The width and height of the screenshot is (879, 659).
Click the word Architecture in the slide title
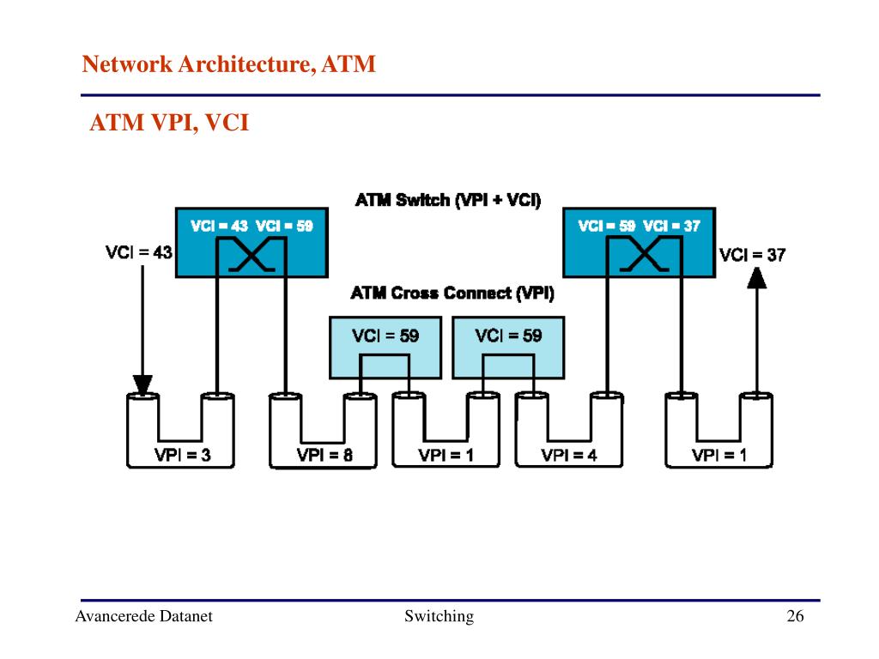[244, 64]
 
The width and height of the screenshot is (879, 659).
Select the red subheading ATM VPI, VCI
[169, 123]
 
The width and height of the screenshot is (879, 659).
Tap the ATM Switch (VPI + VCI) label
[448, 200]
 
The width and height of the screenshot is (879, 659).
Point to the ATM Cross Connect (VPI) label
[452, 293]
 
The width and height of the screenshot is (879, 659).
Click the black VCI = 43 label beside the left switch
[138, 252]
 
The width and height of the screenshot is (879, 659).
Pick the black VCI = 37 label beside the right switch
[752, 255]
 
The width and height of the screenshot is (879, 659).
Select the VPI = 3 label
[183, 455]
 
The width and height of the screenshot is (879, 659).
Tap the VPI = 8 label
[324, 455]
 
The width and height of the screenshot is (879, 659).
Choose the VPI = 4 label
[569, 455]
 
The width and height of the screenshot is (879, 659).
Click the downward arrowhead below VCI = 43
[142, 385]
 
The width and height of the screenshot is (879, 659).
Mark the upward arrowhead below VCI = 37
[757, 278]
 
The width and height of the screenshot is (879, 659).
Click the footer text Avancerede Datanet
[144, 616]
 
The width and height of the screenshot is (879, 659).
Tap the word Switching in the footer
[439, 616]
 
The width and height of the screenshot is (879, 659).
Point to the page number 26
[795, 616]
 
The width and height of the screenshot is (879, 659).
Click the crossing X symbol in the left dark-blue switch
[252, 255]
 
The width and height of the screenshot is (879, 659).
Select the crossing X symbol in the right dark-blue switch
[644, 255]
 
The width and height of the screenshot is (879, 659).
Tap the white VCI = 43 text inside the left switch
[219, 226]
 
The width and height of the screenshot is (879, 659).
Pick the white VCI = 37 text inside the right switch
[671, 226]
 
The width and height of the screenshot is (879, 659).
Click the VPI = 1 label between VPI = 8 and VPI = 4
[446, 455]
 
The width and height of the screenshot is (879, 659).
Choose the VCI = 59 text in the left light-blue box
[385, 336]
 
